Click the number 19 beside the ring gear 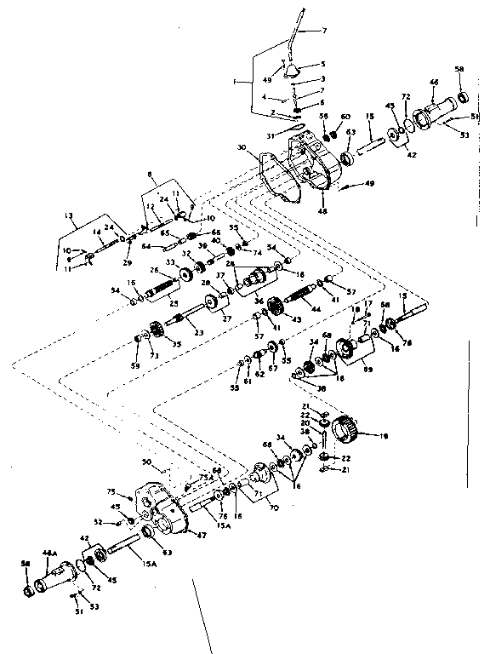(x=384, y=437)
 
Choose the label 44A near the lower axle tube (x=50, y=554)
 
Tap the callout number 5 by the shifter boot (x=322, y=64)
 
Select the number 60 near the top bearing (x=345, y=117)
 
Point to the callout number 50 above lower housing (x=146, y=462)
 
